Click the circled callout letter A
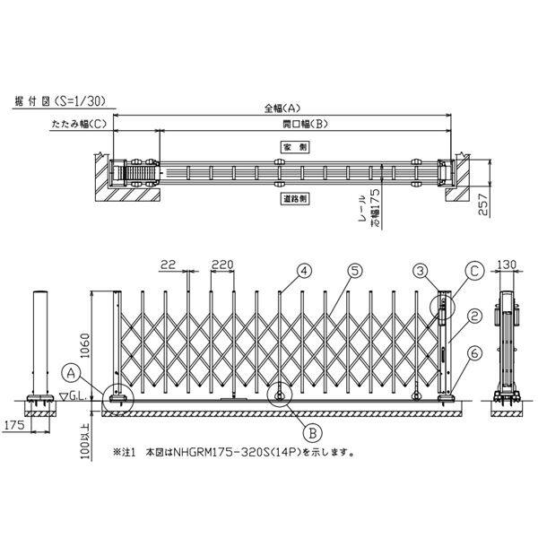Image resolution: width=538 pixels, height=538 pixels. pyautogui.click(x=71, y=369)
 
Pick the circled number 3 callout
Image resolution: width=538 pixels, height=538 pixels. pyautogui.click(x=420, y=269)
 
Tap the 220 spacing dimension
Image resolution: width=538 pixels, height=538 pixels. pyautogui.click(x=222, y=265)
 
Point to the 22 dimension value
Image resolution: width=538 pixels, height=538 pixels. pyautogui.click(x=168, y=265)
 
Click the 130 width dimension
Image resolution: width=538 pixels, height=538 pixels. pyautogui.click(x=508, y=265)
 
